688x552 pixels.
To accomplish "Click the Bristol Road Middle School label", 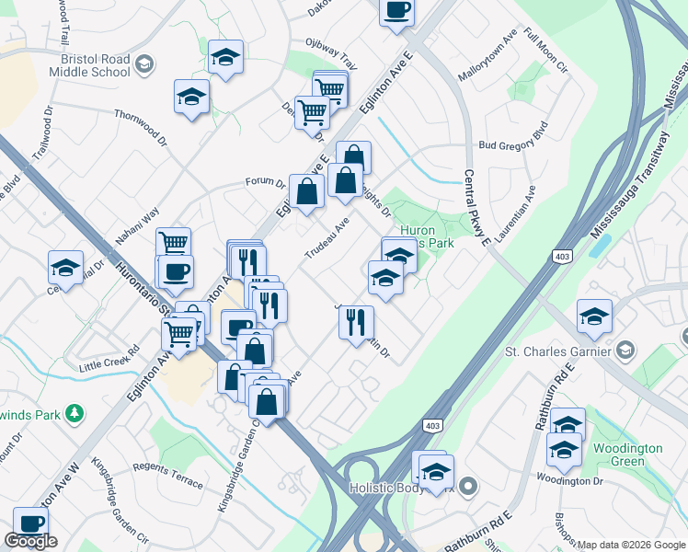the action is (x=89, y=63).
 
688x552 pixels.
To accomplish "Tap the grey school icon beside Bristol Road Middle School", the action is (x=143, y=63).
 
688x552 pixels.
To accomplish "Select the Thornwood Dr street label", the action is (x=141, y=129).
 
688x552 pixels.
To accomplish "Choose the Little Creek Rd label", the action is (x=109, y=358).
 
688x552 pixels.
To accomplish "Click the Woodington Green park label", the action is (x=634, y=454).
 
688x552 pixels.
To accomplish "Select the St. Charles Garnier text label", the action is (x=557, y=351).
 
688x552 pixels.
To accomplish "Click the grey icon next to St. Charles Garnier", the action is (x=625, y=350).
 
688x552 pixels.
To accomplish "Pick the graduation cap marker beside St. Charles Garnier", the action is (x=595, y=316).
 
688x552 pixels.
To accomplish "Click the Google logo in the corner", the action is (x=30, y=541).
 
